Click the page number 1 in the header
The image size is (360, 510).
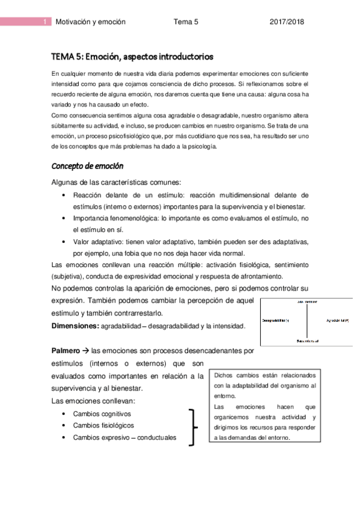click(46, 22)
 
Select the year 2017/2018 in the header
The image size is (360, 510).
click(287, 22)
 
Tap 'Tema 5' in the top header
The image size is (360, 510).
click(186, 22)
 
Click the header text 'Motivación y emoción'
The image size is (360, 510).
click(90, 22)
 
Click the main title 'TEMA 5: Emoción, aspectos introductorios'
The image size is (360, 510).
click(132, 58)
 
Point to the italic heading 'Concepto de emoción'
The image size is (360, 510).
click(87, 165)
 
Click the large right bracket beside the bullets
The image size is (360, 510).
click(192, 426)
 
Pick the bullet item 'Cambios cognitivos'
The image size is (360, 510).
click(102, 414)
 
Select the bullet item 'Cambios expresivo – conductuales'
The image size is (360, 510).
click(124, 437)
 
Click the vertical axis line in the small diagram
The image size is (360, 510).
click(307, 321)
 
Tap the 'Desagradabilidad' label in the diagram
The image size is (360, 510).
click(276, 320)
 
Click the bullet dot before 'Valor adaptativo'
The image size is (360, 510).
click(64, 241)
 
